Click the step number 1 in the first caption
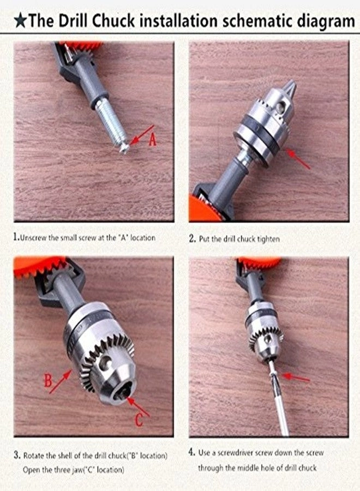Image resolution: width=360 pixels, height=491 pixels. [x=15, y=238]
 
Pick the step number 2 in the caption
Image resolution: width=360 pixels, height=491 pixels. [x=192, y=238]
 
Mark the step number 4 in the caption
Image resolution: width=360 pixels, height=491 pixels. [x=191, y=452]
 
